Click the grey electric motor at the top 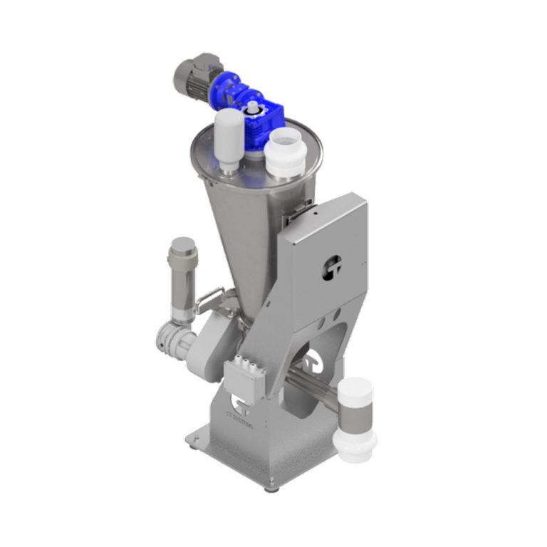coord(193,77)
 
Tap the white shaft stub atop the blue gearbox coord(253,106)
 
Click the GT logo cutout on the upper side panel coord(329,267)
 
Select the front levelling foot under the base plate coord(269,488)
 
